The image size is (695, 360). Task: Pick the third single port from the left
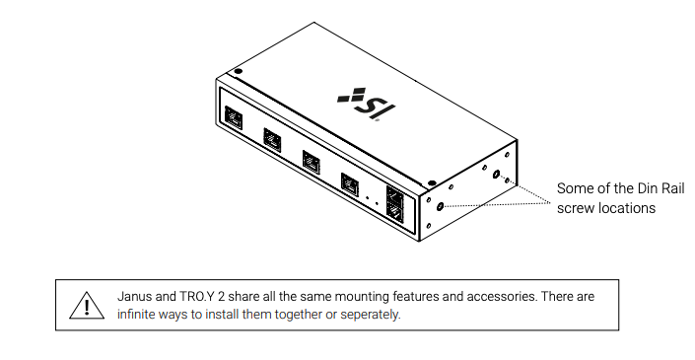pos(311,160)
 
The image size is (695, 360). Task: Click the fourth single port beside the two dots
pos(350,182)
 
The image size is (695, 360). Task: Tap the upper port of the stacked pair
pos(396,195)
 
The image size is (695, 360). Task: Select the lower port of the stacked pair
pos(396,211)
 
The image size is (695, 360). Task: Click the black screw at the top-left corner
pos(238,71)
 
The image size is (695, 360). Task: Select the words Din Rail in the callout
pos(632,187)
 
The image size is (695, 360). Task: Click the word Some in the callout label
pos(574,187)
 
